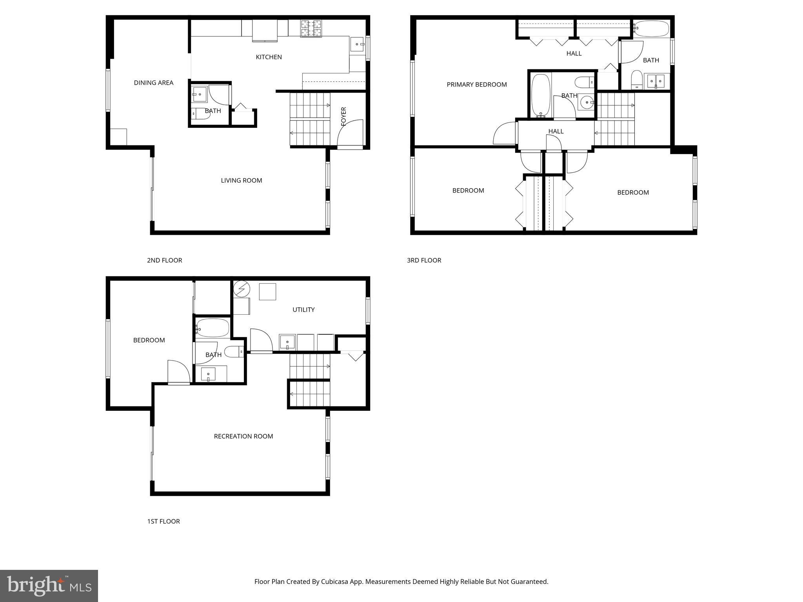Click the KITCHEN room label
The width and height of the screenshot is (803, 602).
[269, 57]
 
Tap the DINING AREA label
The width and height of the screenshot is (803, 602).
[153, 83]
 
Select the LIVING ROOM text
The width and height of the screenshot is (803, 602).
[241, 180]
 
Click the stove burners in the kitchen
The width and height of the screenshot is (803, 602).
[311, 28]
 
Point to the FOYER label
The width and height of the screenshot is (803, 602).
[344, 116]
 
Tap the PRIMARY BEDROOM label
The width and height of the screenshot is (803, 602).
[476, 85]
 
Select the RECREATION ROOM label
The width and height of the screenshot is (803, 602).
[243, 436]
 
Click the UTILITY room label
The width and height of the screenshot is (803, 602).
[303, 310]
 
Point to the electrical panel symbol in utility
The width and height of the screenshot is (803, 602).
[242, 289]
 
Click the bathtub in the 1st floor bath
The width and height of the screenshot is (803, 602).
[213, 328]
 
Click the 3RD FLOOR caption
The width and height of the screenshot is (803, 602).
[424, 260]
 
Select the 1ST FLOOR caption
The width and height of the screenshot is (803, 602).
[163, 521]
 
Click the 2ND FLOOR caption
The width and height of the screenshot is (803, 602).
[164, 260]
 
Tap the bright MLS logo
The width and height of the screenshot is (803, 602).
[49, 586]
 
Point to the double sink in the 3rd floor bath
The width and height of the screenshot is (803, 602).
[656, 81]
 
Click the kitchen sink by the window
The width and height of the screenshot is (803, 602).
[357, 44]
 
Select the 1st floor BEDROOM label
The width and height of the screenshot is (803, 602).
[149, 340]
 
